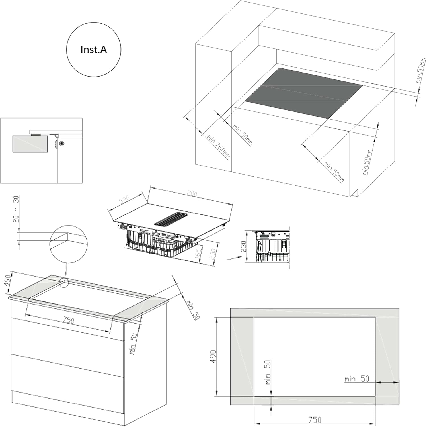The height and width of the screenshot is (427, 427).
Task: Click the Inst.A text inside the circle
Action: tap(94, 50)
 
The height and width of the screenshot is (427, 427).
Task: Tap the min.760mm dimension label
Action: tap(219, 147)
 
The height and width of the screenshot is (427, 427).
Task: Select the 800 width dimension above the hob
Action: tap(192, 193)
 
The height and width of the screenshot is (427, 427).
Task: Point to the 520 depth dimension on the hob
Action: tap(124, 199)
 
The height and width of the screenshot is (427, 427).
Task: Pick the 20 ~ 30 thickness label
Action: tap(16, 209)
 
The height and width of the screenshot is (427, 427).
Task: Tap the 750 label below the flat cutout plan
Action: tap(315, 420)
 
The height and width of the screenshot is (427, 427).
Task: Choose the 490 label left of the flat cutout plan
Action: tap(213, 356)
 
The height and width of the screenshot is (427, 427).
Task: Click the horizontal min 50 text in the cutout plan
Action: tap(357, 379)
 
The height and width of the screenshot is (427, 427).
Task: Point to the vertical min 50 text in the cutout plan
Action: tap(268, 372)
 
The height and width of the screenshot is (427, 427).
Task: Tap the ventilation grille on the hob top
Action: tap(171, 218)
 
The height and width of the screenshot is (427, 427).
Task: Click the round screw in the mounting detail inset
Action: tap(61, 144)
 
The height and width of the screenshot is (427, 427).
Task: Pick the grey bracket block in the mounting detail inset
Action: tap(30, 144)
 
